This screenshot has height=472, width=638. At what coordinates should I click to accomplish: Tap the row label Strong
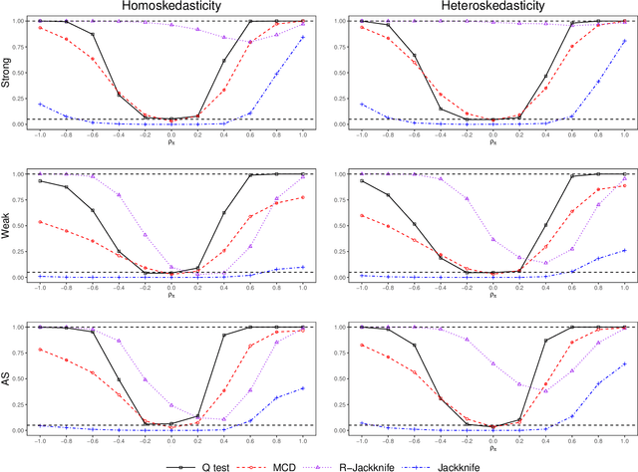pos(8,72)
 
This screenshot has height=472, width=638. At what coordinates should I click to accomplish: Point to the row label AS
pos(8,378)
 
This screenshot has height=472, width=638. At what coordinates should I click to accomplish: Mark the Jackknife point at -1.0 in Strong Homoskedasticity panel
pos(40,104)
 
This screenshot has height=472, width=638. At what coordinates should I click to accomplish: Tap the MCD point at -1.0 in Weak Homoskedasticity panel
pos(40,221)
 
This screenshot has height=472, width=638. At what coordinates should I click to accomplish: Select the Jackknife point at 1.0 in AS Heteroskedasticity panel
pos(624,363)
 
